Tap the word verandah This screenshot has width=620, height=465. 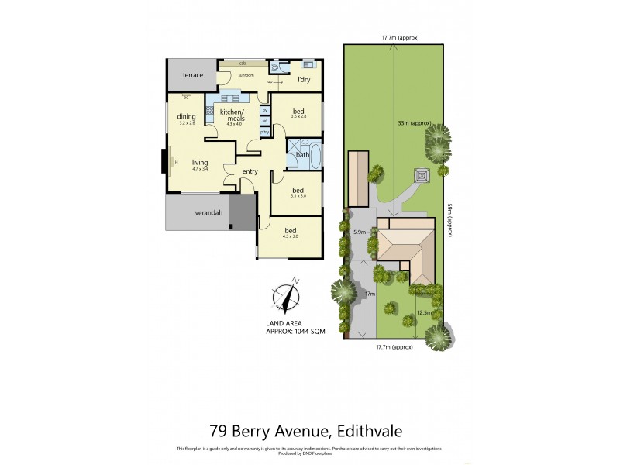tap(188, 212)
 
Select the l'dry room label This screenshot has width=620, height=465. tap(305, 80)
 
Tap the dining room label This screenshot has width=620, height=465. tap(186, 117)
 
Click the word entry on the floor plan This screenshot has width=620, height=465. tap(250, 171)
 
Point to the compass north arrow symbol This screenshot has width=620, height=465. tap(287, 298)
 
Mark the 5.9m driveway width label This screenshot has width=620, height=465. tap(359, 232)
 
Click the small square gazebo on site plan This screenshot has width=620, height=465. tap(422, 175)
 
